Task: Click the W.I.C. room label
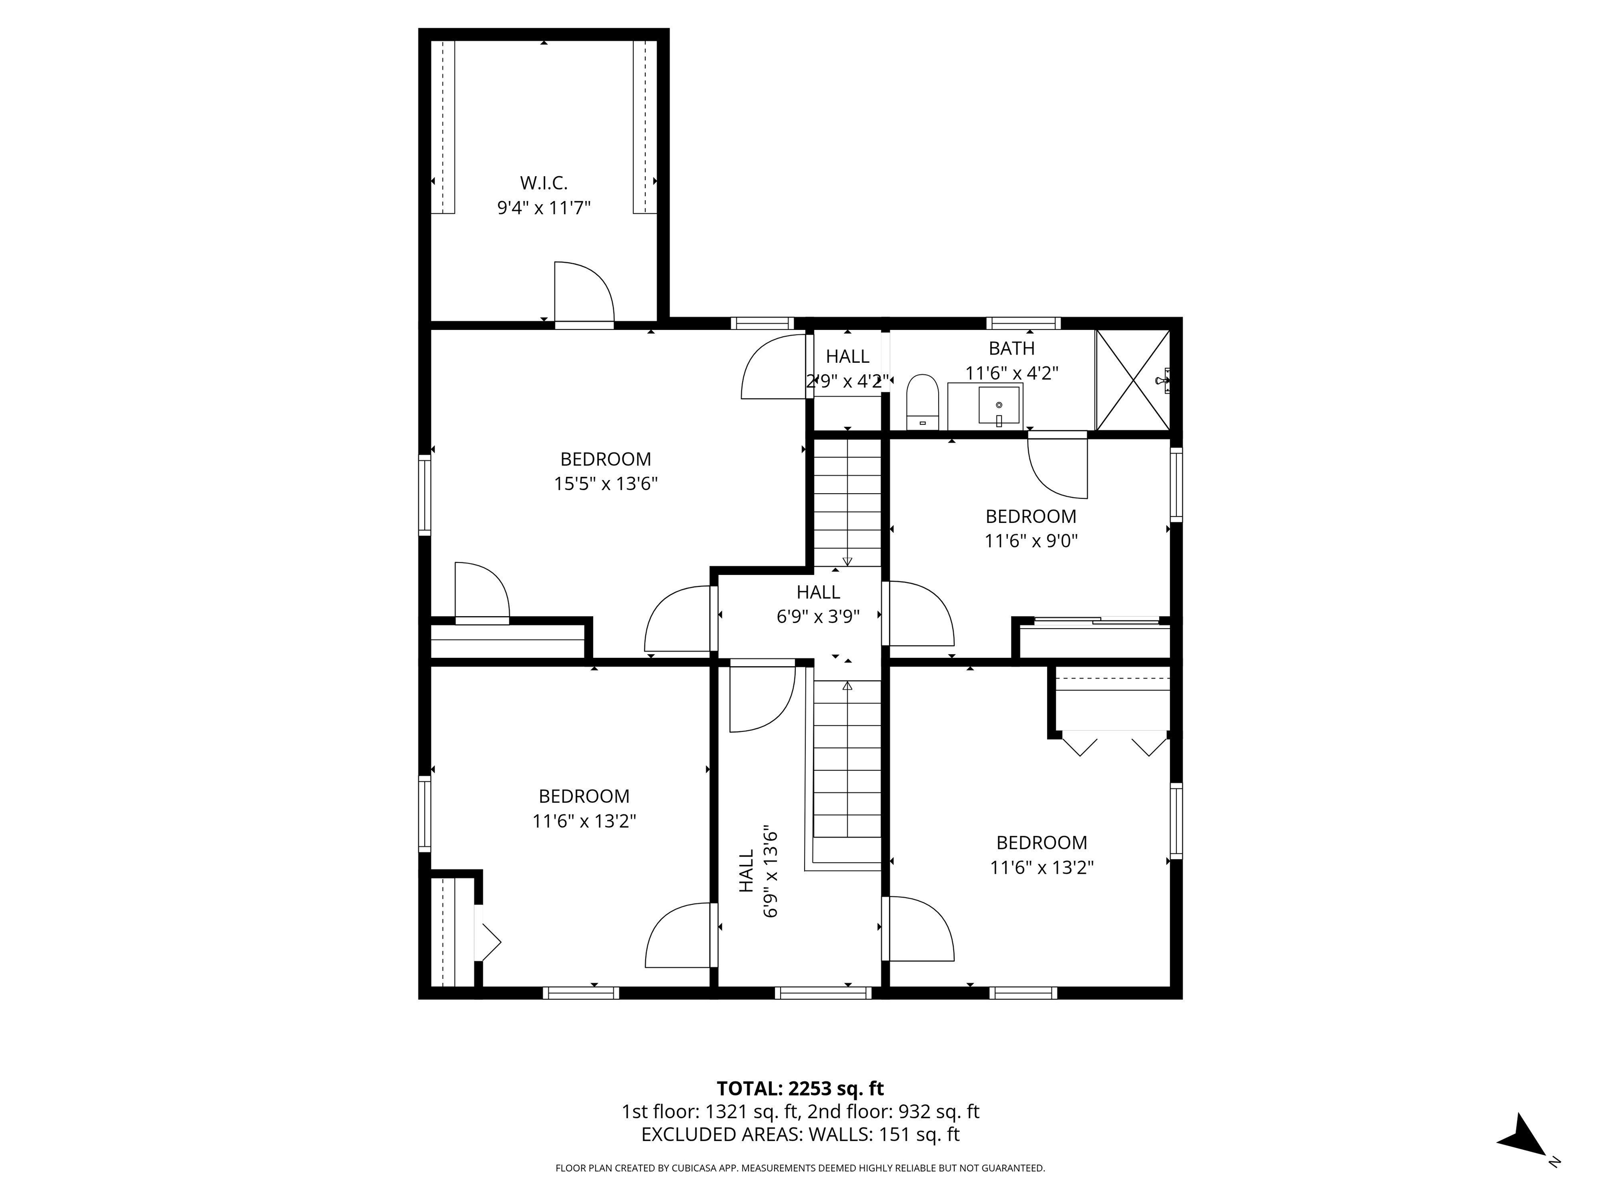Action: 544,183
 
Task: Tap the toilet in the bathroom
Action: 922,402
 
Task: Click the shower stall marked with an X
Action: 1132,380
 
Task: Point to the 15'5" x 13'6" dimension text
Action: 605,484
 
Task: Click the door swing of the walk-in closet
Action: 583,293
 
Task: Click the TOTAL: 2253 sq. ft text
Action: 800,1088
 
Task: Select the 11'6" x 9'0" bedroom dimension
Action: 1031,541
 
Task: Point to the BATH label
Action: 1011,348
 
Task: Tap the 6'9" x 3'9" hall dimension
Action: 818,617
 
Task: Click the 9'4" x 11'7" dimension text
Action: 544,209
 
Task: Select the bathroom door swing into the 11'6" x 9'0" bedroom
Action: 1057,467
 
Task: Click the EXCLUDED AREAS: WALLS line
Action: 800,1134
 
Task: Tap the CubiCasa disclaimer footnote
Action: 800,1168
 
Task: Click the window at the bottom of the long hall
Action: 823,993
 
